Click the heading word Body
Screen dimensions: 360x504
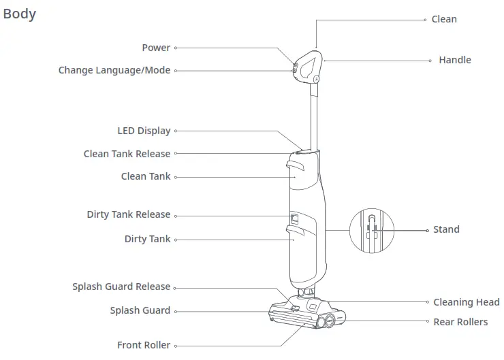(x=20, y=14)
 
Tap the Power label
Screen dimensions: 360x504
(x=156, y=48)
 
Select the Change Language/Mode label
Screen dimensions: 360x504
(x=114, y=70)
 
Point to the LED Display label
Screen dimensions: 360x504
(x=144, y=131)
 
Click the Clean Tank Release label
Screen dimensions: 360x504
(x=127, y=154)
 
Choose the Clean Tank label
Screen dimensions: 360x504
(x=146, y=176)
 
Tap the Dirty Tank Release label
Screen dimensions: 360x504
(x=128, y=214)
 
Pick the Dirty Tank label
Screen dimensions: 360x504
(x=147, y=239)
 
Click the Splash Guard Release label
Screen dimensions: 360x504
(x=121, y=287)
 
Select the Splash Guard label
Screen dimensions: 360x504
(x=140, y=310)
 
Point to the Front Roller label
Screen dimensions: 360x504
(x=144, y=345)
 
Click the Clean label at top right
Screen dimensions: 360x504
(x=444, y=19)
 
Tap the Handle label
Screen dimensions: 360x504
(x=454, y=60)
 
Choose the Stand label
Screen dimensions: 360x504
(x=446, y=229)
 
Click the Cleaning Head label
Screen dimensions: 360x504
(x=466, y=302)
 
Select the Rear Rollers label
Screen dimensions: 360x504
(x=460, y=322)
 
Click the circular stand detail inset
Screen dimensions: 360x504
(x=372, y=230)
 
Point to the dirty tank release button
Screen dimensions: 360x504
(x=294, y=218)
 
